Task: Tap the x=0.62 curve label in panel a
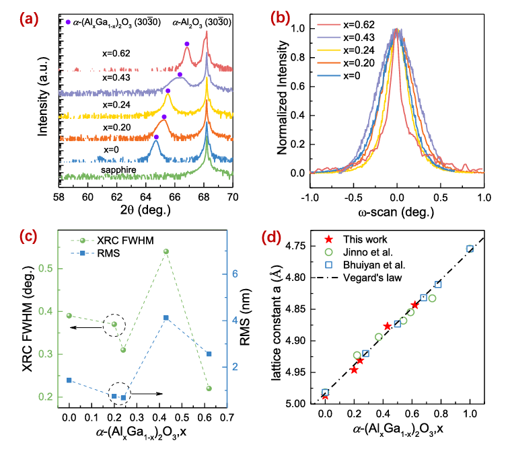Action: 118,50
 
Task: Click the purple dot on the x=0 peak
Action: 156,137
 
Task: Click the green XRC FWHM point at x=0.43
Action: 166,251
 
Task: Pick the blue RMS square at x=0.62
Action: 209,354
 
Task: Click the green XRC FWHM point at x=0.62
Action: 209,388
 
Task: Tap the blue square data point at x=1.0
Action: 470,249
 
